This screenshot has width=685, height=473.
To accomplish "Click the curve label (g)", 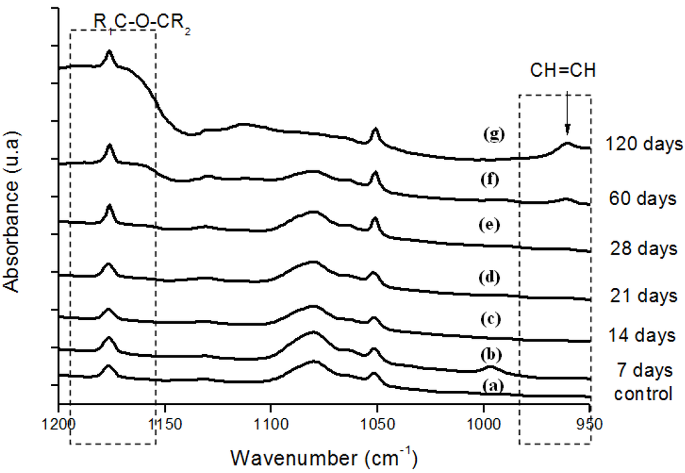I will [492, 134].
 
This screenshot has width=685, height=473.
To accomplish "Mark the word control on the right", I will [643, 394].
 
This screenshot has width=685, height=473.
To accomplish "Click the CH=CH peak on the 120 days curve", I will [567, 143].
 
